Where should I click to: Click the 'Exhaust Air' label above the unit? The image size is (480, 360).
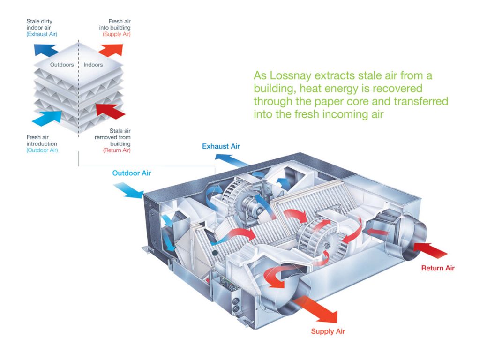click(221, 146)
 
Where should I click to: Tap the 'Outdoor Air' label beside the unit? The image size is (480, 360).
click(131, 173)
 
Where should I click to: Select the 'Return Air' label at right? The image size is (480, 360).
click(438, 268)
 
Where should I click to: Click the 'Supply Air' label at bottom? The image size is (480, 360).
click(328, 331)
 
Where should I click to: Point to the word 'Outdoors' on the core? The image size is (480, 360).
click(61, 65)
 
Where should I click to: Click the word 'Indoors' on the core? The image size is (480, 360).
click(93, 65)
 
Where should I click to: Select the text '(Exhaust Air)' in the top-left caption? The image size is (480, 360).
click(42, 34)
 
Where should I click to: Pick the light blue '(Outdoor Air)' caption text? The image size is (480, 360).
click(42, 150)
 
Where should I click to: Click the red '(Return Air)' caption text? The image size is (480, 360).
click(117, 150)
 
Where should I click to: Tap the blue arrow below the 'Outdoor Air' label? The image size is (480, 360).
click(129, 190)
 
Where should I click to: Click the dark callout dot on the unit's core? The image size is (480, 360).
click(215, 253)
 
